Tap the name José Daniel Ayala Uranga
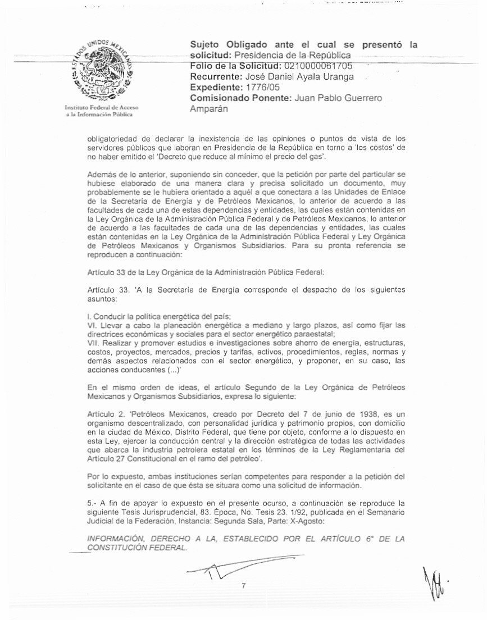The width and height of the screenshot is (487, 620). pos(298,77)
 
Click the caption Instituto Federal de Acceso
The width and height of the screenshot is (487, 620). pos(102,107)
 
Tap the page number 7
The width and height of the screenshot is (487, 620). pos(243,586)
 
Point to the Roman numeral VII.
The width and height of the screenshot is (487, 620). pos(95,341)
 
